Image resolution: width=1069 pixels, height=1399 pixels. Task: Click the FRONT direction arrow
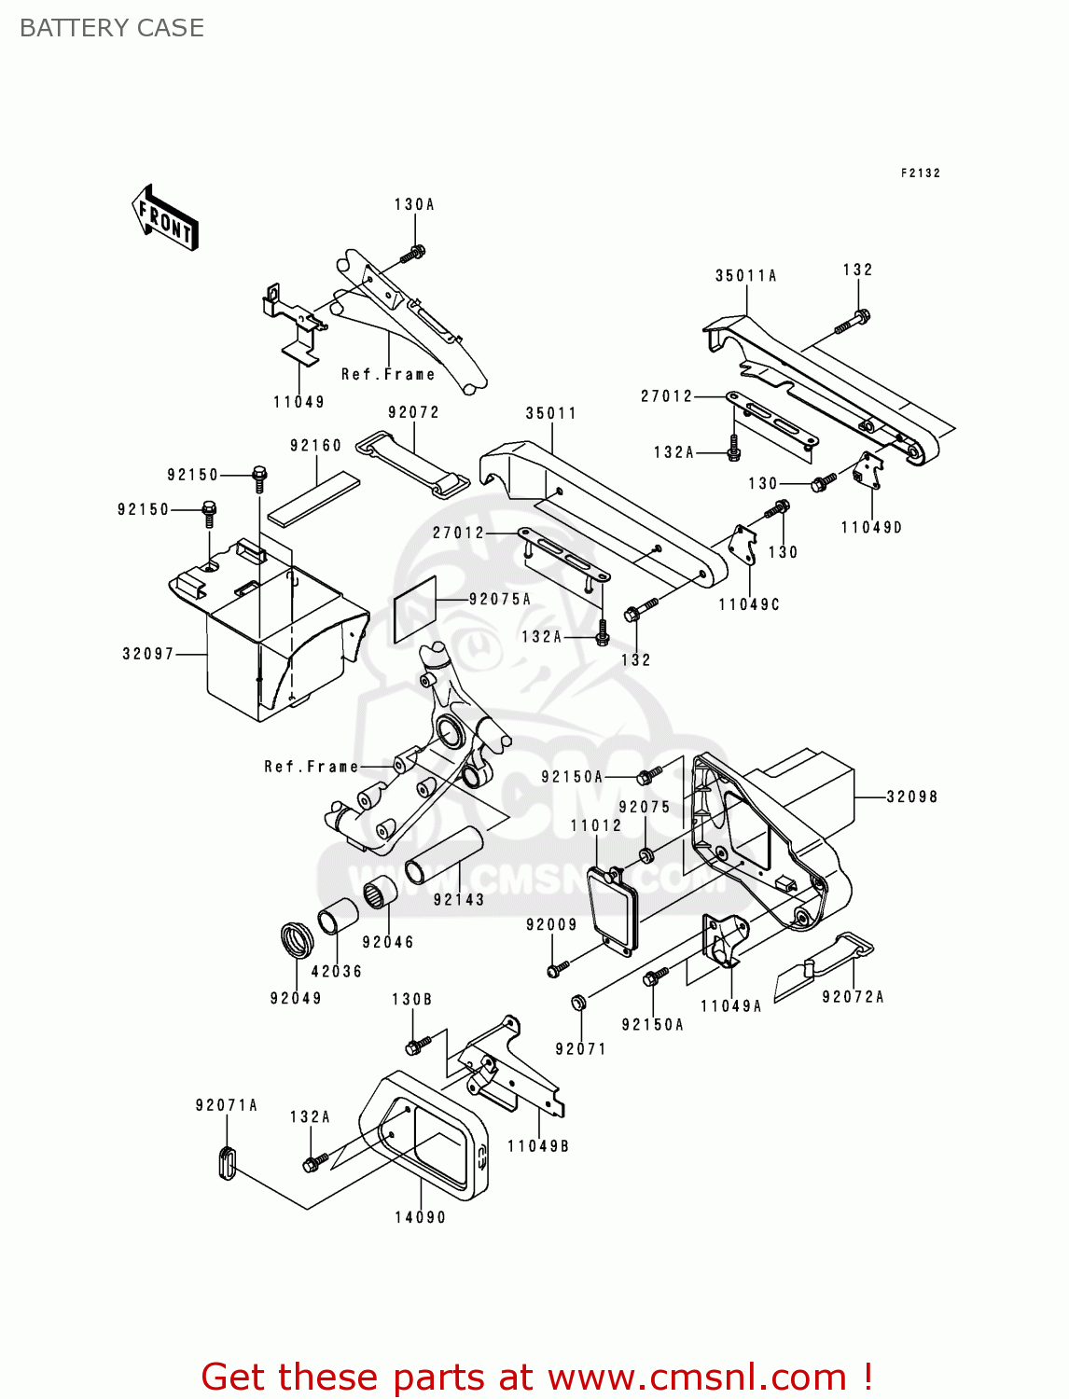click(165, 218)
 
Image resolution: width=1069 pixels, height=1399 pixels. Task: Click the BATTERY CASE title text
click(112, 28)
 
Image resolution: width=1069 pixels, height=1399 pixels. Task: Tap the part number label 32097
click(148, 654)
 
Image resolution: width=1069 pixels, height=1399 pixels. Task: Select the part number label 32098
click(911, 796)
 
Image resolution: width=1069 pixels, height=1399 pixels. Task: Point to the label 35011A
click(745, 275)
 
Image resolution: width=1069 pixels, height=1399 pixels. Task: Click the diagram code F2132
click(920, 173)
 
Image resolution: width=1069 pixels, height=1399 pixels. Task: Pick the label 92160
click(315, 446)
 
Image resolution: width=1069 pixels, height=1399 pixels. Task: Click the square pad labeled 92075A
click(414, 609)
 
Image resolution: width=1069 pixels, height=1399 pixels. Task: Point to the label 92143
click(459, 900)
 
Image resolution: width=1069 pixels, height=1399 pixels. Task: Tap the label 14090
click(420, 1217)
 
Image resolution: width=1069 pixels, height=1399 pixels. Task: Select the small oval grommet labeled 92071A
click(227, 1161)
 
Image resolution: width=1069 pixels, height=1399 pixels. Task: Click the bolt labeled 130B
click(416, 1044)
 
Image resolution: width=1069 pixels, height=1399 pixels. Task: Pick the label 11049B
click(538, 1146)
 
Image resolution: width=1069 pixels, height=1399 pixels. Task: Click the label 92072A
click(853, 997)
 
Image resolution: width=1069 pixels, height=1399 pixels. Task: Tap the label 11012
click(596, 825)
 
